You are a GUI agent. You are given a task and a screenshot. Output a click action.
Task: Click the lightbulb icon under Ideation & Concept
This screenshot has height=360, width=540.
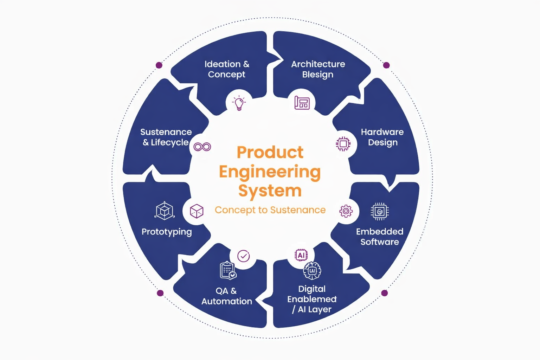(239, 103)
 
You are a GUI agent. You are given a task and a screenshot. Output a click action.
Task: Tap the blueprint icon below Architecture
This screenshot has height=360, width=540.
(302, 103)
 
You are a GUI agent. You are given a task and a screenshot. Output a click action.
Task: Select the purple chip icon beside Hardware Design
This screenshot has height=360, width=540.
(343, 144)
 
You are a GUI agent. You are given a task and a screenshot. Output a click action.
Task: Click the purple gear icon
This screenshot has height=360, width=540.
(346, 211)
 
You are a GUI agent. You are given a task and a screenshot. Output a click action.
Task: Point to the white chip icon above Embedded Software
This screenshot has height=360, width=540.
(380, 212)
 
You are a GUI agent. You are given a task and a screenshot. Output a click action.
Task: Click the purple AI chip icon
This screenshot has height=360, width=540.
(301, 255)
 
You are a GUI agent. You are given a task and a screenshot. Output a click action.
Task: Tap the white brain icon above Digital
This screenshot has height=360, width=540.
(312, 271)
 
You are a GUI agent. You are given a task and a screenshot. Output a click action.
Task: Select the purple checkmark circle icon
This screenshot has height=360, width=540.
(244, 256)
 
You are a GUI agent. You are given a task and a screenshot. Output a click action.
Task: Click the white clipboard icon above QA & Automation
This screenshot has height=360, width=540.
(228, 270)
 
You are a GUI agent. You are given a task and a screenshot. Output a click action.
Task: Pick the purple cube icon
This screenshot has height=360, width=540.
(197, 211)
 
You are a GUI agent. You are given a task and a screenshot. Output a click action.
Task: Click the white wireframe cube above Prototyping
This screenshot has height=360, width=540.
(165, 211)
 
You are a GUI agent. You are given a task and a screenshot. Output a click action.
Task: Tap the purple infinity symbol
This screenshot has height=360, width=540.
(202, 147)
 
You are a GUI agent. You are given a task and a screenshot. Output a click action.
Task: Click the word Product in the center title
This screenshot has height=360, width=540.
(270, 153)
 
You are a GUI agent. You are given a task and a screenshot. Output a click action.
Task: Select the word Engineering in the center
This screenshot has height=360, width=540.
(270, 172)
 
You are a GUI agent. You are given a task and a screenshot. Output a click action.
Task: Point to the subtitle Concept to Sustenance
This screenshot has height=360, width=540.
(270, 210)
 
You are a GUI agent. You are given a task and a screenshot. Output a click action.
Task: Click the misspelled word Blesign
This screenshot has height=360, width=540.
(318, 75)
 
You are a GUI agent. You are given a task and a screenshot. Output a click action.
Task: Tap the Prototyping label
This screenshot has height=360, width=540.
(167, 232)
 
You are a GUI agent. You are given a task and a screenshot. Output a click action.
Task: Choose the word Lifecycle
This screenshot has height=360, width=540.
(169, 142)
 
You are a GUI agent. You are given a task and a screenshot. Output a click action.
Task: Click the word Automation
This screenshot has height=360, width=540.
(227, 301)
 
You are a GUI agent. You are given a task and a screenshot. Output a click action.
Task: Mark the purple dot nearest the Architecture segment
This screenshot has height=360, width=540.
(386, 65)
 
